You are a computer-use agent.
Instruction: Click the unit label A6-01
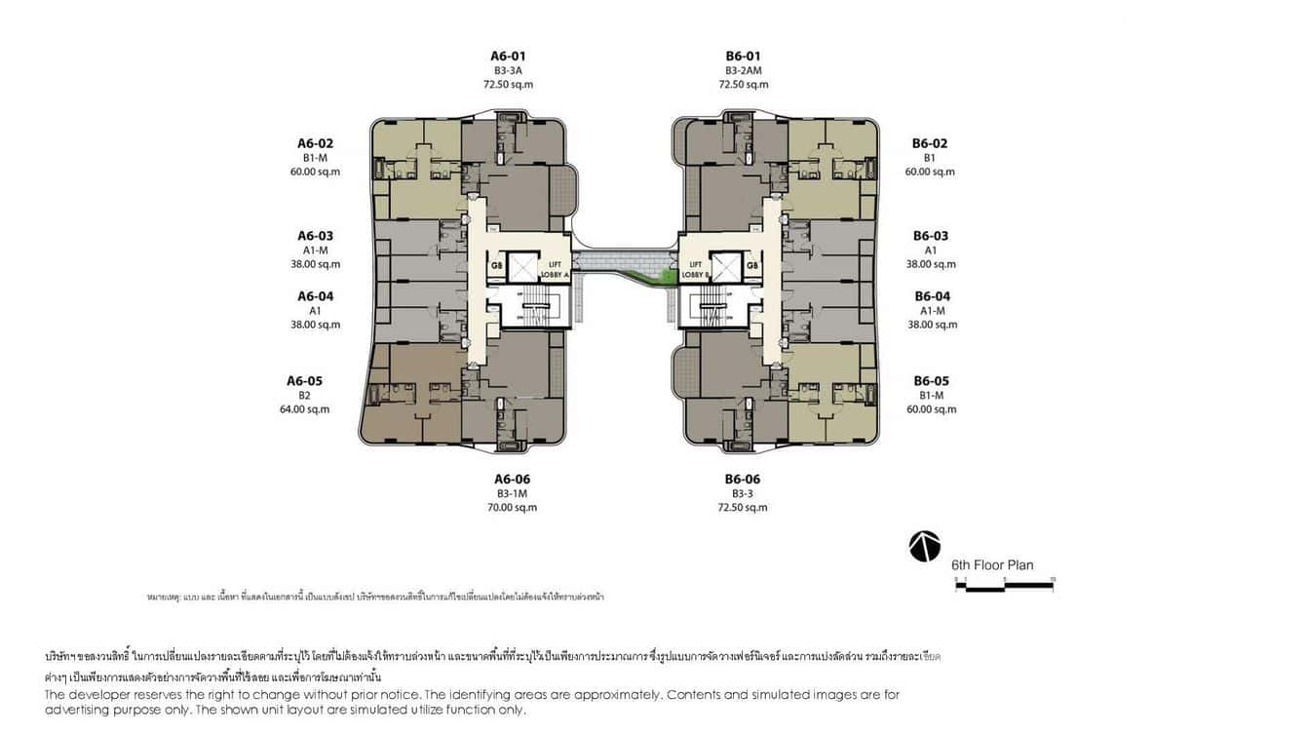508,57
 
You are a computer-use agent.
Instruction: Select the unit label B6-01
743,57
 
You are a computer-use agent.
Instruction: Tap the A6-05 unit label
304,381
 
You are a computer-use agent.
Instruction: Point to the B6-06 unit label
742,480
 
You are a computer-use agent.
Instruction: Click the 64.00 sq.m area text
304,409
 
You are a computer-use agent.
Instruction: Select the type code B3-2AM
743,71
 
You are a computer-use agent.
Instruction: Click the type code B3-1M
512,494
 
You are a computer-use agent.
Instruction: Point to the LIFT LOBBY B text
696,269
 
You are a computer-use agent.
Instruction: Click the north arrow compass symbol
924,547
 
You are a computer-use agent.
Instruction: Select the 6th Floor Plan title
992,565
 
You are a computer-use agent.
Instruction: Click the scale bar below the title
1004,585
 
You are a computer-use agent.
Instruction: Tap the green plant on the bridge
667,278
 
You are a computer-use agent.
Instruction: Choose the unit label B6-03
930,236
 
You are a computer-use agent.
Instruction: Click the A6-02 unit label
315,143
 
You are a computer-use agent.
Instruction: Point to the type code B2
304,396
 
